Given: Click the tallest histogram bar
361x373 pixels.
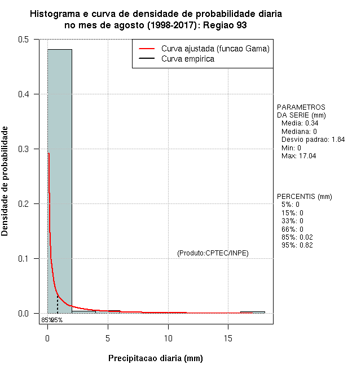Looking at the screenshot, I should coord(59,181).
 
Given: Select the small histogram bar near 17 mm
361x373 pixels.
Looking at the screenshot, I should coord(252,312).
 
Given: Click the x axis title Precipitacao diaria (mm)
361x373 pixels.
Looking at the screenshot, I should coord(155,358).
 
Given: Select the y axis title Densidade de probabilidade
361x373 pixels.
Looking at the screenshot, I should coord(5,181).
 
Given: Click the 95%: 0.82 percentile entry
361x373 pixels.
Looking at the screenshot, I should coord(297,245).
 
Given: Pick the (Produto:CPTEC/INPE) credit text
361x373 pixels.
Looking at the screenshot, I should coord(213,253).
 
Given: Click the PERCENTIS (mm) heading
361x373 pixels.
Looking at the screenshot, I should coord(304,197).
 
